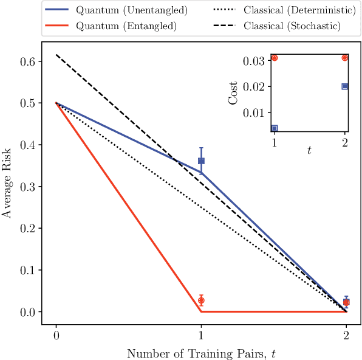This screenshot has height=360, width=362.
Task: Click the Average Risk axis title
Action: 8,186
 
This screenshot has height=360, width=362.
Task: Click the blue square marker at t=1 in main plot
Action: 201,161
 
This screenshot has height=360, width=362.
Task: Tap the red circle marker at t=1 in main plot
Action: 201,300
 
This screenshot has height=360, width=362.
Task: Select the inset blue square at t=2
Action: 345,86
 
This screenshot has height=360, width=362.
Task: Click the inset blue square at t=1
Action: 275,128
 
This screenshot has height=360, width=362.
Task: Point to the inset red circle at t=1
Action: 275,58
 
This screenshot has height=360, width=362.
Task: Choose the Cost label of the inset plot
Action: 233,92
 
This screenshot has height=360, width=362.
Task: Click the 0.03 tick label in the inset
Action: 254,61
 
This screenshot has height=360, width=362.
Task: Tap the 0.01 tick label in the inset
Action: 254,112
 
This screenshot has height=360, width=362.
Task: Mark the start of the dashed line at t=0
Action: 56,55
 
